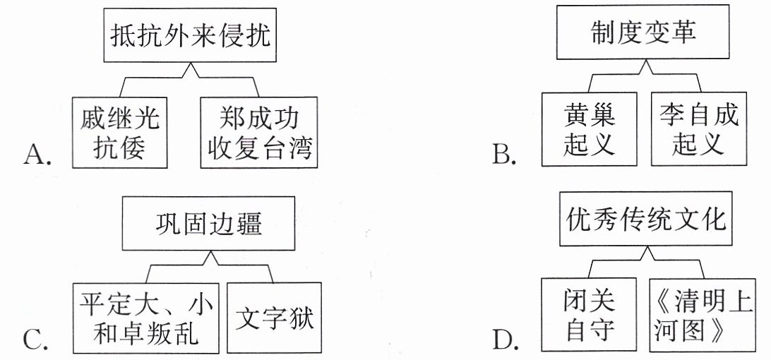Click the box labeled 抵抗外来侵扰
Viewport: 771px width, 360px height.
point(190,35)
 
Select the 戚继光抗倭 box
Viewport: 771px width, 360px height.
point(119,132)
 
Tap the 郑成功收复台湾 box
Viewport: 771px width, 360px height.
point(259,132)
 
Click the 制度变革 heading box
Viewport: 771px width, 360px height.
point(642,32)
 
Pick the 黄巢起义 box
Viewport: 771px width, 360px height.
point(589,129)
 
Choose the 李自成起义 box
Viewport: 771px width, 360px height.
point(699,129)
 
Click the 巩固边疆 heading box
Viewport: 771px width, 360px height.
point(208,224)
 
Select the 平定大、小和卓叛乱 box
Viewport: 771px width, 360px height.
point(145,318)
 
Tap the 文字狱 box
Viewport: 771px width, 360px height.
point(274,318)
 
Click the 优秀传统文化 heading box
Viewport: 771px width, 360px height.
point(645,220)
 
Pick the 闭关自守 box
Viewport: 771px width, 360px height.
point(589,315)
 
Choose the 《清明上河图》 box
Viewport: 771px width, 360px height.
point(702,315)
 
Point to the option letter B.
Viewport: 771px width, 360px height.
point(505,154)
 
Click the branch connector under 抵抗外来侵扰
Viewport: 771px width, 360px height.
point(190,78)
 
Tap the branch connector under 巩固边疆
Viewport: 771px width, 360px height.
point(210,266)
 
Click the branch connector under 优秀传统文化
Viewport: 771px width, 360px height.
point(646,262)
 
